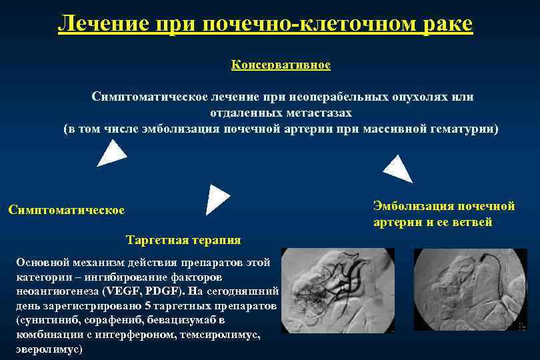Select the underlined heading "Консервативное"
pos(281,65)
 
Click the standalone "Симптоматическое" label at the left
pos(66,210)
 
